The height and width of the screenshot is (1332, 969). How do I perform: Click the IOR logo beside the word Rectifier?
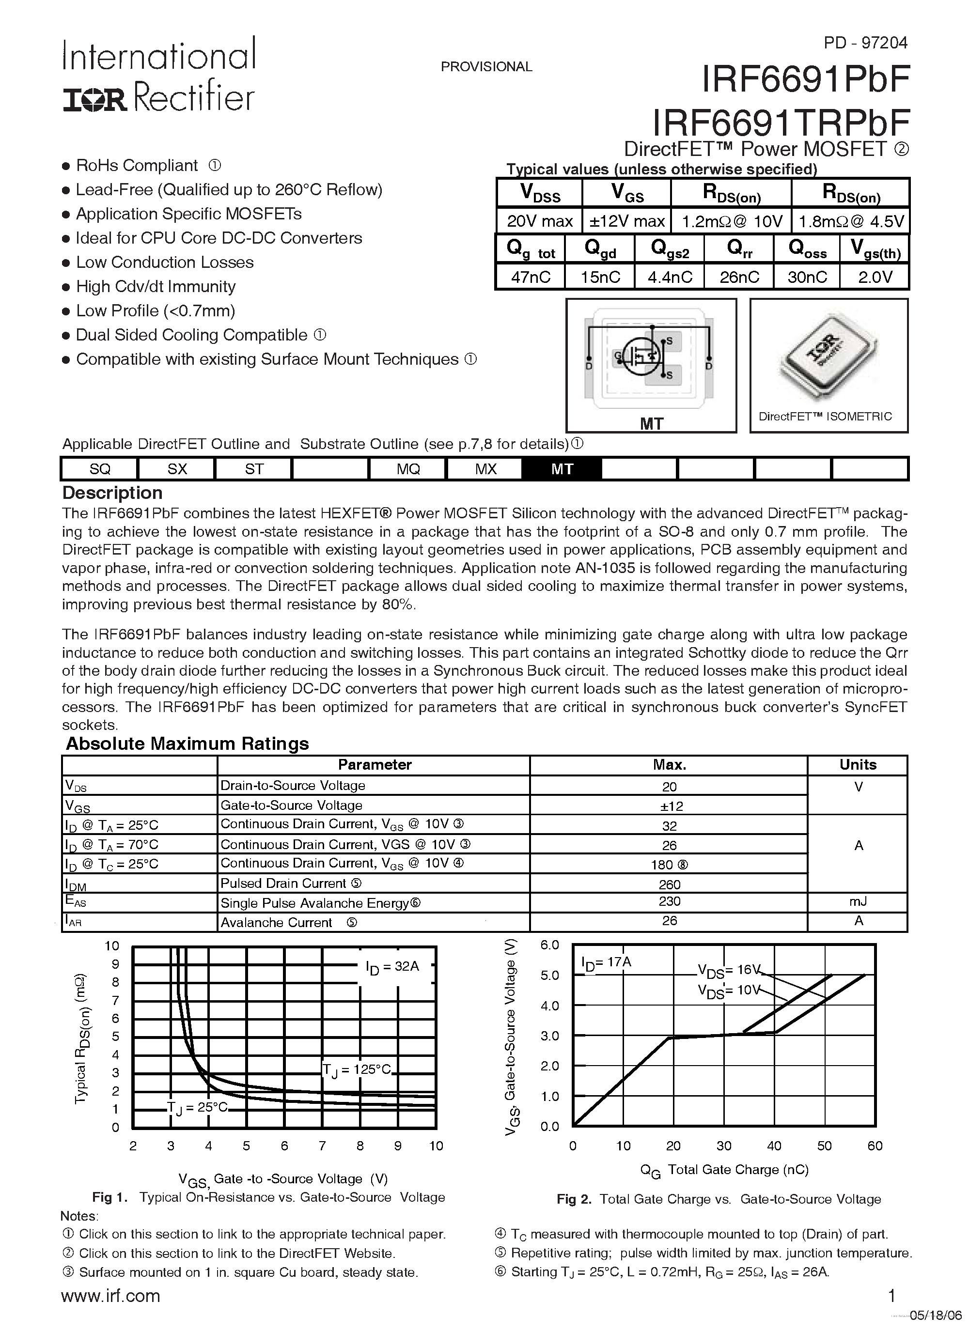click(94, 100)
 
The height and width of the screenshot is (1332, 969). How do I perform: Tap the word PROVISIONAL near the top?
click(486, 67)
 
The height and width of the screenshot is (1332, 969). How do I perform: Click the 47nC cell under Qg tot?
click(530, 277)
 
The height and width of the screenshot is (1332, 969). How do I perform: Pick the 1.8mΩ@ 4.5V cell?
click(850, 221)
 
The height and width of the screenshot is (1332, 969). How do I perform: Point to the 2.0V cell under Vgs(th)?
click(875, 277)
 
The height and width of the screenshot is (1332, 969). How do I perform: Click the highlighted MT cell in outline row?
click(562, 469)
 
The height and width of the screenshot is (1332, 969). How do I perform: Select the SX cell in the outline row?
click(177, 469)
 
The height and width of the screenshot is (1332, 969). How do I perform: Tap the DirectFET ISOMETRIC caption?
click(825, 417)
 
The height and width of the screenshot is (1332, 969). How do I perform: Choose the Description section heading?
click(112, 493)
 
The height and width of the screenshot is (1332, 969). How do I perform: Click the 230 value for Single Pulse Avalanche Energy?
click(669, 901)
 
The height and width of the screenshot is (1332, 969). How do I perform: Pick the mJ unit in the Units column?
click(858, 901)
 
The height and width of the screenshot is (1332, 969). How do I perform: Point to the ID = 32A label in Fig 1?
click(392, 967)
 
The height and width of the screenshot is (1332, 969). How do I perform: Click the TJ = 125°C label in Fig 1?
click(356, 1069)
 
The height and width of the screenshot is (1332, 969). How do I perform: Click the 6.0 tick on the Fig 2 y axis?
click(549, 945)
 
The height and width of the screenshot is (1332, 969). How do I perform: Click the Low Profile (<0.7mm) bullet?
click(155, 310)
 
